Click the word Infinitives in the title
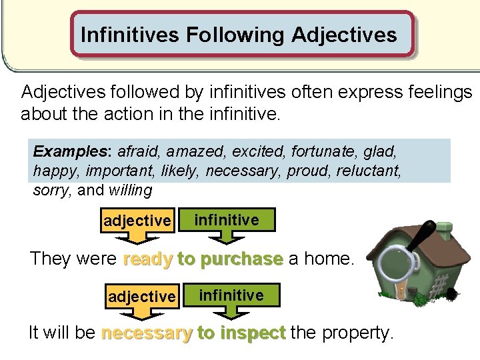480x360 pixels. tap(130, 34)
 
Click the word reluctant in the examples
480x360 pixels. tap(369, 171)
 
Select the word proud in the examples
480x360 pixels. tap(308, 171)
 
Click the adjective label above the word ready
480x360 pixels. tap(137, 221)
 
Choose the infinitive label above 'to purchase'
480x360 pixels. tap(227, 219)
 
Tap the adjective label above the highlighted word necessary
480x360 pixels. tap(141, 295)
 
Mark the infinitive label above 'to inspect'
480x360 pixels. tap(231, 295)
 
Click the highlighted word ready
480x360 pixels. tap(148, 259)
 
